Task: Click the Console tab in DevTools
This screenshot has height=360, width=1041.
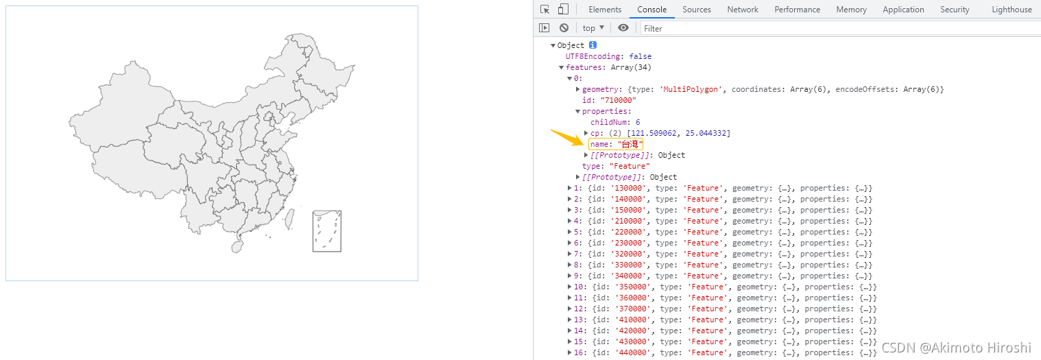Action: click(651, 10)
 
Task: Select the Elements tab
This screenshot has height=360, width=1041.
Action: click(605, 10)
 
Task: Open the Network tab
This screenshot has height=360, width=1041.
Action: click(743, 10)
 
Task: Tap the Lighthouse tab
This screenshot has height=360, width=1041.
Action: click(1012, 10)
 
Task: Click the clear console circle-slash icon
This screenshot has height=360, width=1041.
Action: click(564, 28)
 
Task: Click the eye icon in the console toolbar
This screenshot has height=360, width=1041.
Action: click(623, 28)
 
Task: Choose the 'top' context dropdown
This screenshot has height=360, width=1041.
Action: click(593, 28)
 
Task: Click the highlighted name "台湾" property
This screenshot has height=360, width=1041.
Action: click(616, 144)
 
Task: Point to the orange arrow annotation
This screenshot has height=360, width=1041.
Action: click(567, 138)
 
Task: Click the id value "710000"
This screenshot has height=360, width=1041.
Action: click(618, 100)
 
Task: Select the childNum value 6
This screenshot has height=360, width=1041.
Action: click(638, 122)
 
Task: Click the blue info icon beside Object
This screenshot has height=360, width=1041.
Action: click(593, 45)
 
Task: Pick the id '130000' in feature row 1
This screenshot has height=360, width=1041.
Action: click(627, 188)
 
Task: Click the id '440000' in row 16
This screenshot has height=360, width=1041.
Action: click(632, 352)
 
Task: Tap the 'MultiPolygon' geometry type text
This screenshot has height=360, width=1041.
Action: click(691, 89)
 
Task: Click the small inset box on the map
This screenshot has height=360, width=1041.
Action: click(327, 231)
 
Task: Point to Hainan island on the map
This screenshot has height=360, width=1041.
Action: click(237, 246)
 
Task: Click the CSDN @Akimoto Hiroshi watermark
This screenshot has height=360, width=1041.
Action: click(957, 348)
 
